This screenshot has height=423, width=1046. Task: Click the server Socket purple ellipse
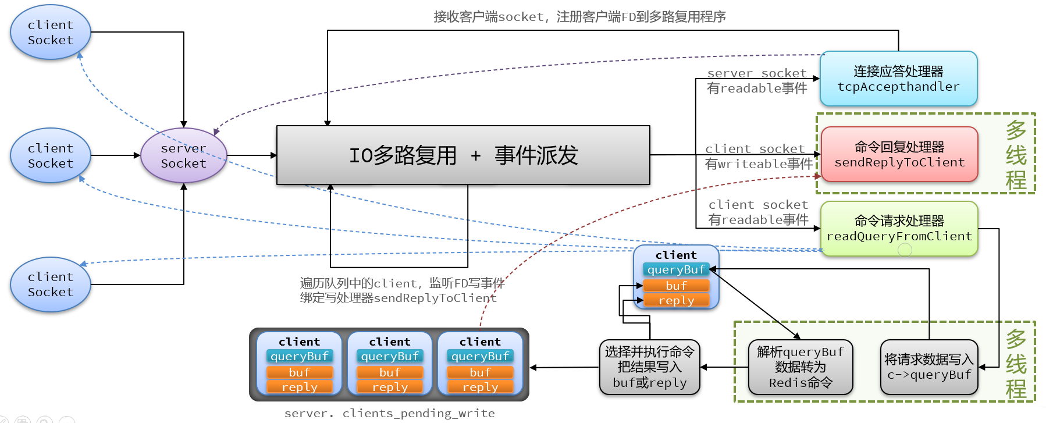pos(183,156)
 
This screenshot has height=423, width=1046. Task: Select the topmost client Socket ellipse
pos(51,33)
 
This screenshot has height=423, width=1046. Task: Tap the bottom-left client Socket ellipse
pos(51,285)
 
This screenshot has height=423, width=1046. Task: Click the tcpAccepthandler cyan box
pos(898,79)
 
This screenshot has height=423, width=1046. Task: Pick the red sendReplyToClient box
pos(899,155)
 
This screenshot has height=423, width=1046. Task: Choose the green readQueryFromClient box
pos(899,229)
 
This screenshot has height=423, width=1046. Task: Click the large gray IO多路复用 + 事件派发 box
pos(463,155)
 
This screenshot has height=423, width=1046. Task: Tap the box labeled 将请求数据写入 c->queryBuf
pos(929,367)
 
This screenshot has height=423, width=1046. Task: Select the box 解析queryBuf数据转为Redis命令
pos(800,367)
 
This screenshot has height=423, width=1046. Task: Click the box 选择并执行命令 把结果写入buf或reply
pos(650,367)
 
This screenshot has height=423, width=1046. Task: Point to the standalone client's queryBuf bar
pos(676,269)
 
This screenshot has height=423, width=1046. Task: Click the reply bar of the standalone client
pos(676,300)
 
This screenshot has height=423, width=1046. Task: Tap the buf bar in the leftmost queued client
pos(300,372)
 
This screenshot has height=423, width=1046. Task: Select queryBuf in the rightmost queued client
pos(480,356)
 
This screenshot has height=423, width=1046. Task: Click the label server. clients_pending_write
pos(389,413)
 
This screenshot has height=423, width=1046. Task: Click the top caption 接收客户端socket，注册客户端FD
pos(579,17)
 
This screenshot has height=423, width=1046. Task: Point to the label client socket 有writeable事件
pos(758,157)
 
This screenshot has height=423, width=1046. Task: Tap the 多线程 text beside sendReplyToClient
pos(1016,155)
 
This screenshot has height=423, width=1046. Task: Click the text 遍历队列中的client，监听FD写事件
pos(402,283)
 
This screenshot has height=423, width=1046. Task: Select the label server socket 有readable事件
pos(757,81)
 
